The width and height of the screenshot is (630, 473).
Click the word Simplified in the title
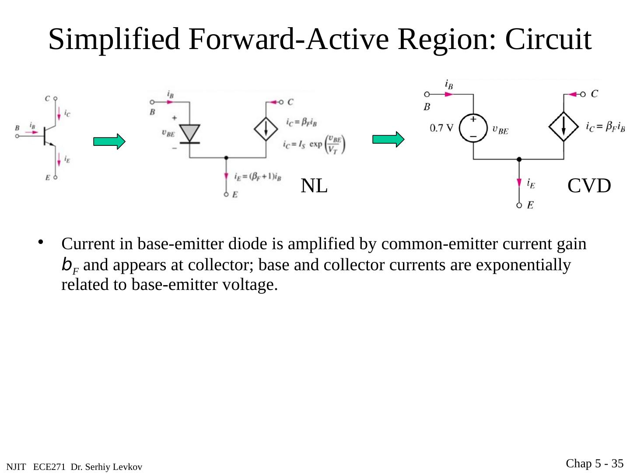point(114,39)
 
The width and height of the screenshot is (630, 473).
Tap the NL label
point(314,186)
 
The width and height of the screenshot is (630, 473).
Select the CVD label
point(589,186)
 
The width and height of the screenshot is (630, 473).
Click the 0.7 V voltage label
point(442,128)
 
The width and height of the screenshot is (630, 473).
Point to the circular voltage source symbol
point(473,128)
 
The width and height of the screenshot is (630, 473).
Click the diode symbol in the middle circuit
point(190,133)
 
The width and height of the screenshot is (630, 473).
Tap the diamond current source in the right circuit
point(563,127)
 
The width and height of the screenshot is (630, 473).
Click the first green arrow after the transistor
point(109,141)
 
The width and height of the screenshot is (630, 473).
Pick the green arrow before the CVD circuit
point(388,139)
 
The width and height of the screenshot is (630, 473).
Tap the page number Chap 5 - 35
point(595,463)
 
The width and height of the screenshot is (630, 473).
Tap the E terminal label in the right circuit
point(530,205)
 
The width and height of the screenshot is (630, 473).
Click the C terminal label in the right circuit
point(595,93)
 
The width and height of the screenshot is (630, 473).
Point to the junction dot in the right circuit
point(519,159)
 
